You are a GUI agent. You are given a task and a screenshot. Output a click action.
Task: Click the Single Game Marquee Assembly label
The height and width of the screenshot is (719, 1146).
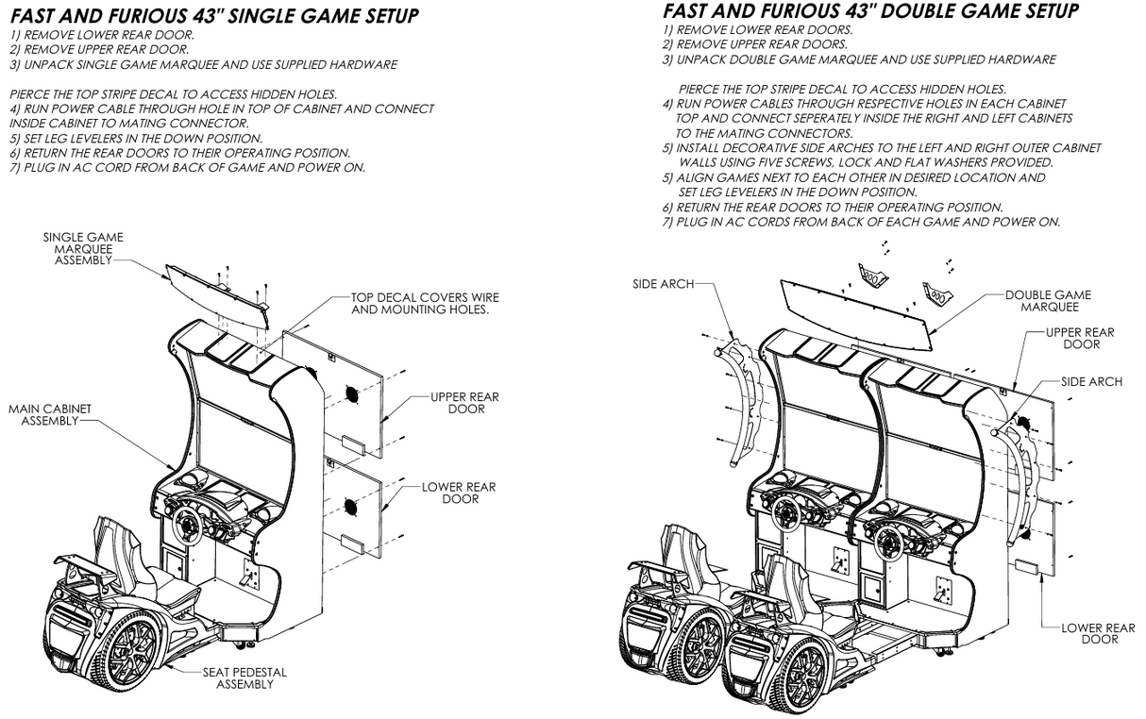(x=83, y=248)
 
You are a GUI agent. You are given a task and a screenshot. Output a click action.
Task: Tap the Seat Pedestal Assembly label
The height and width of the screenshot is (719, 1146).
(x=244, y=677)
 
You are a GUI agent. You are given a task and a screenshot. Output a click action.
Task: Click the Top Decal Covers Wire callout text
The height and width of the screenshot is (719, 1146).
(x=425, y=303)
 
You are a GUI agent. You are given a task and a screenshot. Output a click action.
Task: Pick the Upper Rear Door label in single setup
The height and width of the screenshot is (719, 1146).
(x=464, y=403)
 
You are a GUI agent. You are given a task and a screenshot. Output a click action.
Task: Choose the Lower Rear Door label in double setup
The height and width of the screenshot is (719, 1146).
(x=1098, y=633)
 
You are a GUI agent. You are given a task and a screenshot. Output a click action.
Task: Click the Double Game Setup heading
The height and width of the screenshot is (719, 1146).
(x=870, y=11)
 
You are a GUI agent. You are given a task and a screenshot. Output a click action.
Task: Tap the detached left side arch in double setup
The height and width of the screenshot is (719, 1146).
(x=745, y=406)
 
